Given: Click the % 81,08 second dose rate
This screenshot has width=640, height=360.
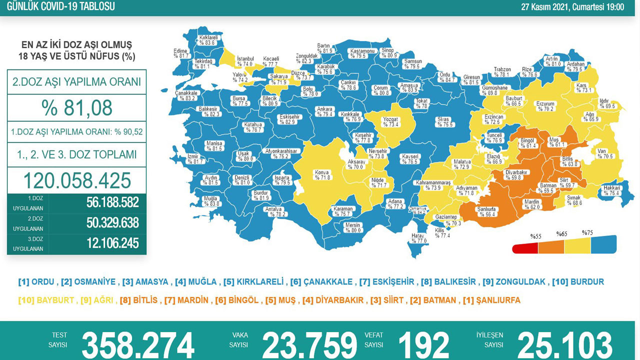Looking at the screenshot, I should click(x=76, y=107).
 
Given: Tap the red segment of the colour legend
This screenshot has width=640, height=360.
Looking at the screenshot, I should click(x=525, y=248).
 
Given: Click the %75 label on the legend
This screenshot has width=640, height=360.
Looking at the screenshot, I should click(x=587, y=233).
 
